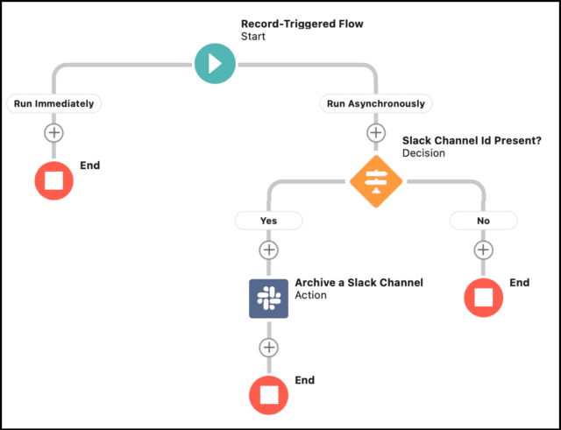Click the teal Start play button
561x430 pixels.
pyautogui.click(x=216, y=63)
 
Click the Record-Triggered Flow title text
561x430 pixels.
pyautogui.click(x=302, y=24)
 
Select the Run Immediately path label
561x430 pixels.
pyautogui.click(x=54, y=103)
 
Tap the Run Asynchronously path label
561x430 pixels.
pyautogui.click(x=375, y=103)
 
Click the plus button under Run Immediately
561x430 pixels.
pyautogui.click(x=54, y=133)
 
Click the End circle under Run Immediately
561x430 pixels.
pyautogui.click(x=54, y=180)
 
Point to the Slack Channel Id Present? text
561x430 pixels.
pyautogui.click(x=461, y=140)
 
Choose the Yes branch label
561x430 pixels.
pyautogui.click(x=268, y=221)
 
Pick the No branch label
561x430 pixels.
pyautogui.click(x=483, y=221)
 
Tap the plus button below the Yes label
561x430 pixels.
pyautogui.click(x=268, y=250)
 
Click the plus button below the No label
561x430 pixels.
pyautogui.click(x=483, y=250)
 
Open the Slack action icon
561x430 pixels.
pyautogui.click(x=268, y=299)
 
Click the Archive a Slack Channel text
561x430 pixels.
pyautogui.click(x=359, y=283)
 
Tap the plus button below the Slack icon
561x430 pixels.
pyautogui.click(x=268, y=347)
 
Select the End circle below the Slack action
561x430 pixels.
pyautogui.click(x=268, y=394)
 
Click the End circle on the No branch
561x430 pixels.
pyautogui.click(x=483, y=297)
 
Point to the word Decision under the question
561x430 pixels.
pyautogui.click(x=423, y=153)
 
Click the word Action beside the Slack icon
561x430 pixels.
pyautogui.click(x=310, y=296)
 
